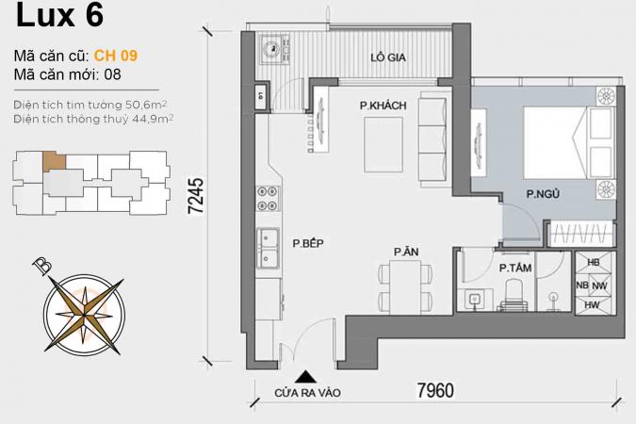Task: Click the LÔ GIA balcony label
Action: click(388, 57)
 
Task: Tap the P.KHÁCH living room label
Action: click(383, 106)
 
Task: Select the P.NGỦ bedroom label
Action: click(543, 194)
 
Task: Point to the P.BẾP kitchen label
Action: click(308, 243)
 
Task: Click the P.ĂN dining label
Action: click(406, 252)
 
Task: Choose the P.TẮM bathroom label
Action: click(515, 268)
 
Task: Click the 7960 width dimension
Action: click(435, 390)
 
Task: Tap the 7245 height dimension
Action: click(196, 196)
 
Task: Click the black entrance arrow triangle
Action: click(306, 377)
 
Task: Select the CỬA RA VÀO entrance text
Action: click(307, 393)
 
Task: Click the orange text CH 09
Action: click(116, 56)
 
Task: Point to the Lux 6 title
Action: click(59, 15)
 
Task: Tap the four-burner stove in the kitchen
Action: click(269, 199)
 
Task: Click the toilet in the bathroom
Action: click(514, 295)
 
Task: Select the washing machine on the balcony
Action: click(275, 48)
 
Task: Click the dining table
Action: click(406, 286)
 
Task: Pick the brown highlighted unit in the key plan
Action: click(54, 161)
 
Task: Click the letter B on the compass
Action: click(42, 265)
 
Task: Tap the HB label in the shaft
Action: click(594, 263)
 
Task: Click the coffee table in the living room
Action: click(383, 145)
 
